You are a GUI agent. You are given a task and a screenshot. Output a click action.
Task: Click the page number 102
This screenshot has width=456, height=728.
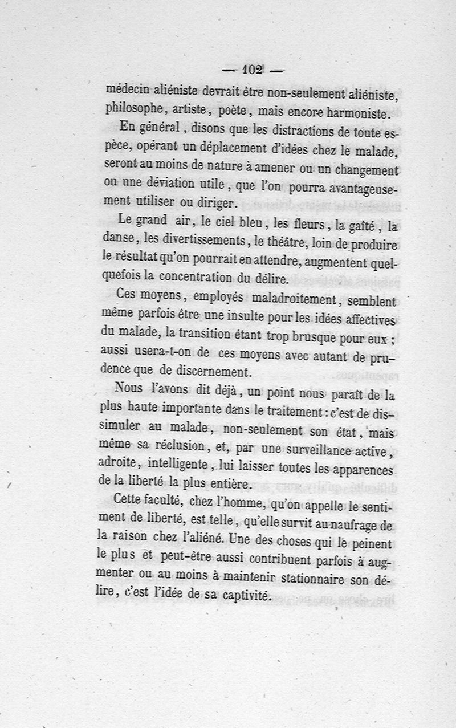click(251, 71)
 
